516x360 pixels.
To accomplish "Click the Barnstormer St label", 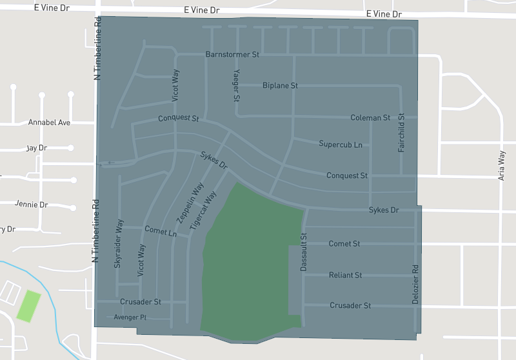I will tap(232, 55).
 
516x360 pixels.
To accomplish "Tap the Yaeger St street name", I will tap(236, 86).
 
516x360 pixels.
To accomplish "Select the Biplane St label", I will tap(280, 85).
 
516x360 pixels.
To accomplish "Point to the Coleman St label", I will tap(370, 118).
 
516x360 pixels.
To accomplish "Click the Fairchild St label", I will tap(401, 133).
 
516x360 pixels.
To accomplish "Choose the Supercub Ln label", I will tap(341, 144).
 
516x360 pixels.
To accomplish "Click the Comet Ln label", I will tap(161, 231).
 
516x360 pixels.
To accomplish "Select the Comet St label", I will tap(344, 244).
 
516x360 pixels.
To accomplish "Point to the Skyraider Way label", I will tap(118, 243).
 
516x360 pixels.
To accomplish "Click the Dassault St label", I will tap(303, 252).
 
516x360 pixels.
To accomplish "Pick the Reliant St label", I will tap(345, 275).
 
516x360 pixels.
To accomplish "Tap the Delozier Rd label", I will tap(416, 285).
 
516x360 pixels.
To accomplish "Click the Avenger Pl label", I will tap(130, 317).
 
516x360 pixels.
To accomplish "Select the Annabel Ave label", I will tap(49, 122).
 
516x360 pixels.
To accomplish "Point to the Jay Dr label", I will tap(37, 148).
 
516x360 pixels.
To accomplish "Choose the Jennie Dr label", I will tap(32, 205).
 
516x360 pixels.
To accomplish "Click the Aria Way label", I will tap(502, 165).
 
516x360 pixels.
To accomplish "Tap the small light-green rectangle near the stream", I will tap(28, 306).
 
